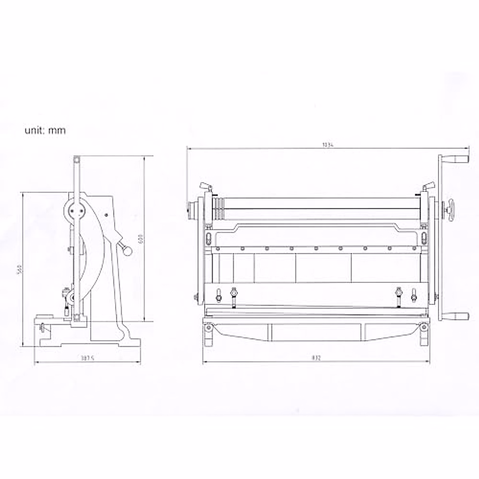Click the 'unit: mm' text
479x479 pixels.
45,130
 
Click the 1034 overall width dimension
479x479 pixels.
328,145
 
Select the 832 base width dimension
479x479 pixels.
317,358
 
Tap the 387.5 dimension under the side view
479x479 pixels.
87,358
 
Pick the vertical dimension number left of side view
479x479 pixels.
18,269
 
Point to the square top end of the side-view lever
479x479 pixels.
76,160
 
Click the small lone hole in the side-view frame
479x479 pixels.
107,215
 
